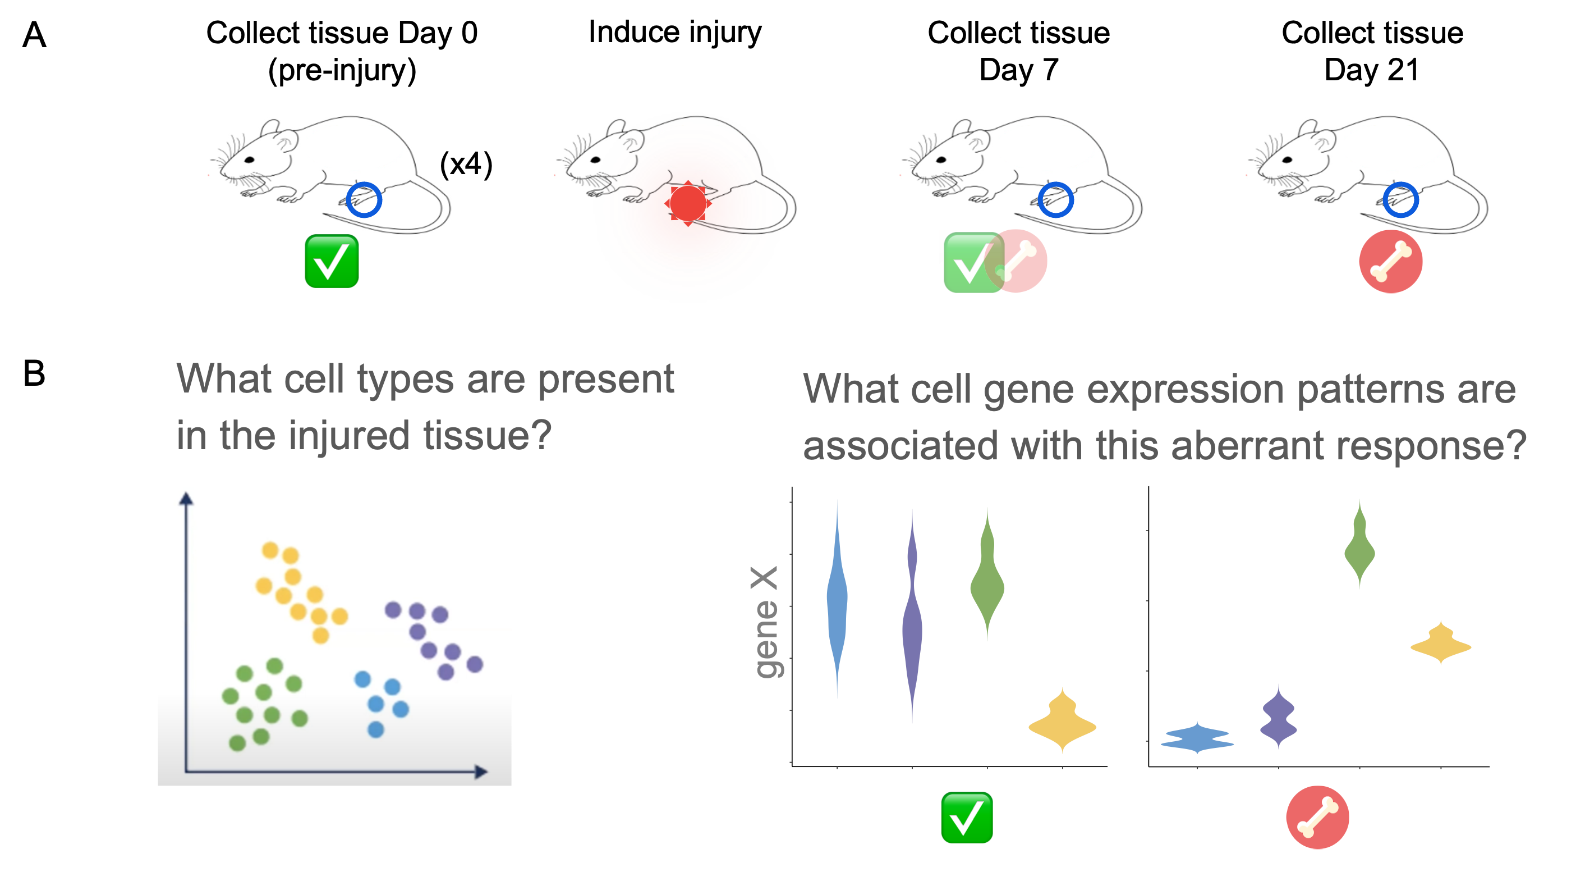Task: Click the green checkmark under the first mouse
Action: (332, 261)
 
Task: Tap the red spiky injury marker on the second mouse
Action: (688, 203)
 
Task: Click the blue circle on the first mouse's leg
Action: (364, 199)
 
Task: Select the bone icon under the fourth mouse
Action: (1391, 262)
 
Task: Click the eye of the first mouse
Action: (249, 160)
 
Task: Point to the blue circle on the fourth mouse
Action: (1401, 199)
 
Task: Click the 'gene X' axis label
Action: (765, 622)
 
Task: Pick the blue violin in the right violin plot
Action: (1197, 738)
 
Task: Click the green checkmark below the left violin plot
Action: (967, 818)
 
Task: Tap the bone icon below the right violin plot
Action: (1317, 818)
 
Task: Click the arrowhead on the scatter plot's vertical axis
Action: (186, 498)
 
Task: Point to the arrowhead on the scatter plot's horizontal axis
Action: (481, 772)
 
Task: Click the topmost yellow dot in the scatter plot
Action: (270, 550)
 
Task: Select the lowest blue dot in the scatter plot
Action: (376, 729)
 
